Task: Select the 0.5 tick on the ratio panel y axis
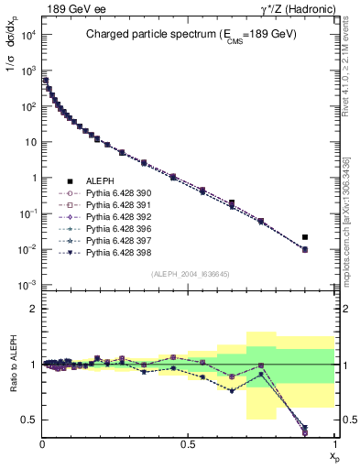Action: [x=29, y=420]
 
